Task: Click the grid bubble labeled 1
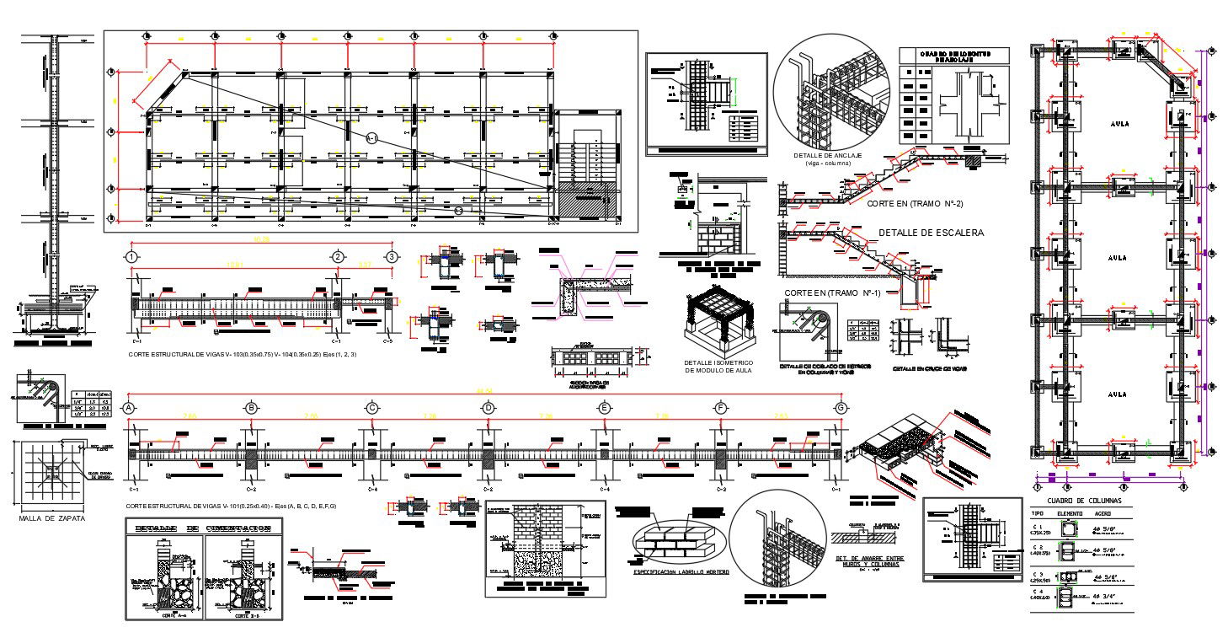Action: coord(131,257)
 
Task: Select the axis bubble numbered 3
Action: coord(391,257)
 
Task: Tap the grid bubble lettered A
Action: coord(130,408)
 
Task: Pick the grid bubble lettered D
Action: coord(489,408)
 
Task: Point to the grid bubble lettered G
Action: coord(841,408)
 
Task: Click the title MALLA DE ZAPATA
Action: coord(52,518)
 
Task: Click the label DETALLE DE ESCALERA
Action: coord(931,233)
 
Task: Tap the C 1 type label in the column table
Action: coord(1039,527)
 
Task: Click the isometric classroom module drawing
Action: coord(719,324)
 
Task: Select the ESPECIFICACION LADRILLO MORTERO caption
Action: coord(682,571)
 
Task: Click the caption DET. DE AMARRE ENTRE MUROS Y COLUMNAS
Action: coord(868,560)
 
